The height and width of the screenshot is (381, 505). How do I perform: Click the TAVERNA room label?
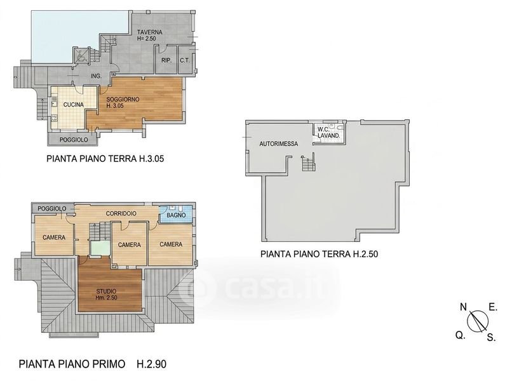coord(149,32)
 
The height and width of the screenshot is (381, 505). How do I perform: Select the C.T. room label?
coord(185,60)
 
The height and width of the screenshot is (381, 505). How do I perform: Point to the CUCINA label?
coord(74,105)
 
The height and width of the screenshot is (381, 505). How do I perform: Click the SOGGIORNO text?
coord(123,100)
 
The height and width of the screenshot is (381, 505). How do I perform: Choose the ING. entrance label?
coord(97,76)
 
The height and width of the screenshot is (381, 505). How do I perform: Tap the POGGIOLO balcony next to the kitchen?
coord(73,140)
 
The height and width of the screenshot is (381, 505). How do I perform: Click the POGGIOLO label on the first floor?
coord(52,209)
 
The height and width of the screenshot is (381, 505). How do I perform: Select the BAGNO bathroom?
coord(177,214)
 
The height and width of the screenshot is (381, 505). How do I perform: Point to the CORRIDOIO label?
coord(121,213)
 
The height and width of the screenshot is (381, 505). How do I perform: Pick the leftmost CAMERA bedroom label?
coord(54,237)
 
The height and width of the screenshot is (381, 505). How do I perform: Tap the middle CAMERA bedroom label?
coord(129,244)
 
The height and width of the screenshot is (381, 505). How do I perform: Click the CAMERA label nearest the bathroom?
coord(171,244)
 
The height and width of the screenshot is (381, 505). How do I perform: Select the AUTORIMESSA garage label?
coord(279,144)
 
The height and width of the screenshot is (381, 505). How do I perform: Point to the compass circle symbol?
coord(478,321)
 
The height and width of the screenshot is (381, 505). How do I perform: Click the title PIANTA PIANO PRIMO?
coord(72,364)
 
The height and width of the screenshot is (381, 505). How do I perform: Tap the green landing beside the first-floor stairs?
coord(100,248)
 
